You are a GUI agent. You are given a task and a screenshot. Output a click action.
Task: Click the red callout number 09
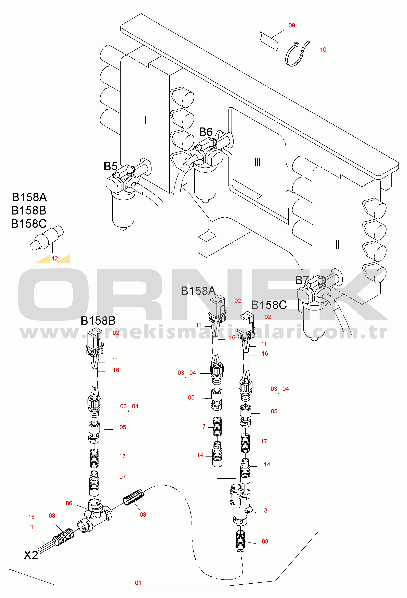tap(292, 25)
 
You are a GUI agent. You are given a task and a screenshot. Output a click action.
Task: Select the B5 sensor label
tap(110, 167)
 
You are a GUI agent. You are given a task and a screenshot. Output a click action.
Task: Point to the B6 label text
tap(206, 132)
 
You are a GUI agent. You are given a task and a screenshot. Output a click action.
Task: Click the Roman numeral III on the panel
tap(257, 162)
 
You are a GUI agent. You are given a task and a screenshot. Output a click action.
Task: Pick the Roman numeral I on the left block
tap(145, 120)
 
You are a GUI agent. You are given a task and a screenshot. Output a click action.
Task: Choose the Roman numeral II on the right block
tap(337, 244)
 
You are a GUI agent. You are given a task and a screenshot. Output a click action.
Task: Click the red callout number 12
tap(55, 258)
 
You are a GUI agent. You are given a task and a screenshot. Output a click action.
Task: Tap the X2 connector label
tap(31, 555)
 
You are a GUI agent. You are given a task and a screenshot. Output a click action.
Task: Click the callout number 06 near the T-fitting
tap(69, 503)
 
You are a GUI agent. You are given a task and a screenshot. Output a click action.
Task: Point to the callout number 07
tap(122, 477)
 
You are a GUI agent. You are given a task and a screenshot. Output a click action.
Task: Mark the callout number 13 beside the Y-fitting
tap(264, 511)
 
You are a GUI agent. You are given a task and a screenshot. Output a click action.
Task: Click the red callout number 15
tap(31, 517)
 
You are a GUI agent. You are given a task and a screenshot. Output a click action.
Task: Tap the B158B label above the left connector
tap(98, 321)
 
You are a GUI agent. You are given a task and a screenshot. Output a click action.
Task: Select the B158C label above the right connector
tap(269, 305)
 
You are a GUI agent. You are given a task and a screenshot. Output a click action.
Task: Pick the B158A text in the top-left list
tap(29, 197)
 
